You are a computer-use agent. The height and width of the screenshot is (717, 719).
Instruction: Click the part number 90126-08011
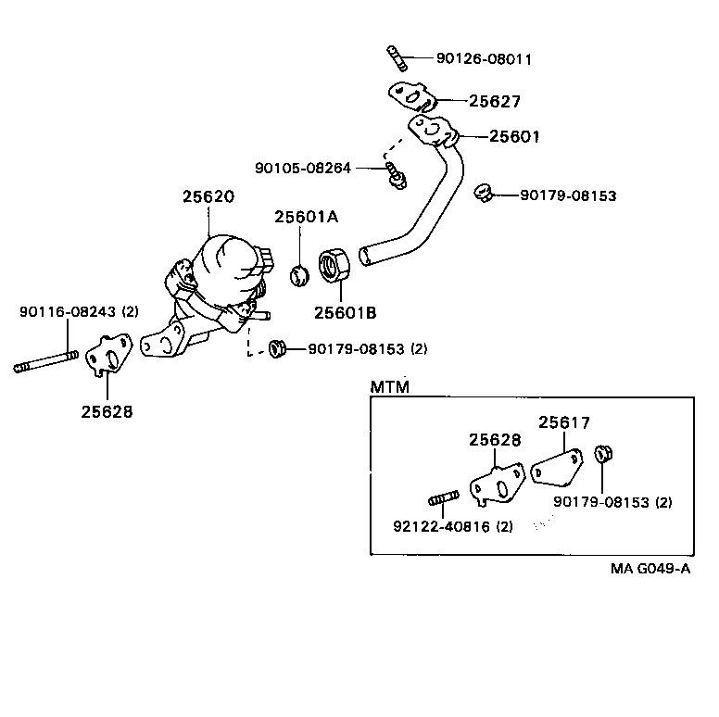[484, 58]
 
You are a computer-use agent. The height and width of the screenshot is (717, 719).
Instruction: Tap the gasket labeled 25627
[411, 94]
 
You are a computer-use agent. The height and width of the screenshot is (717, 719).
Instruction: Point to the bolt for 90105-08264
[396, 173]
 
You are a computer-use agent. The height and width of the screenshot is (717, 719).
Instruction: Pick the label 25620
[208, 196]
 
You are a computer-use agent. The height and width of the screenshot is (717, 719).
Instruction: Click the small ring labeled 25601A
[299, 273]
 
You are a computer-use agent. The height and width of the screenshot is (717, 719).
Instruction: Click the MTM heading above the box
[390, 386]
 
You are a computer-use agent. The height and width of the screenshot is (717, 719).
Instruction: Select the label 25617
[564, 421]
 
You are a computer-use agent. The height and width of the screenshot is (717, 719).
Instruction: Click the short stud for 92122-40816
[444, 500]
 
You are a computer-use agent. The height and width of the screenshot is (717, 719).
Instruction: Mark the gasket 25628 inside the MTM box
[497, 485]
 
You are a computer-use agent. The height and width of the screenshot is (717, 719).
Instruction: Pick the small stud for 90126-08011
[395, 57]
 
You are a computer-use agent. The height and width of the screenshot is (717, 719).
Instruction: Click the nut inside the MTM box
[602, 454]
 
